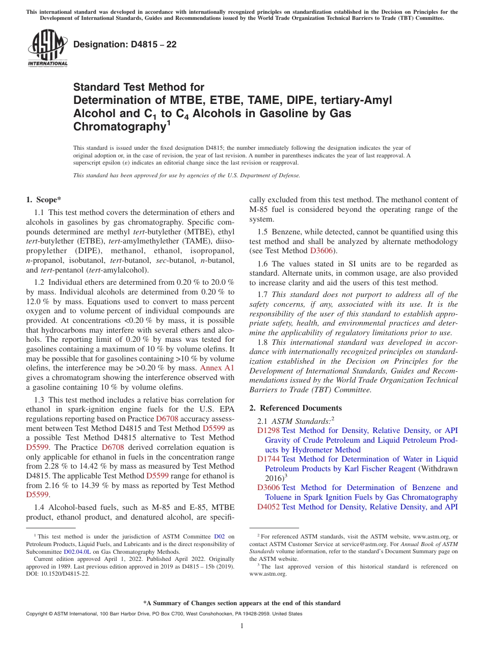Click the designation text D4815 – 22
tap(125, 45)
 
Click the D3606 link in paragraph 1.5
tap(320, 251)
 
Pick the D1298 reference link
tap(268, 430)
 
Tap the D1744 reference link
tap(268, 459)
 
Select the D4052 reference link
tap(268, 507)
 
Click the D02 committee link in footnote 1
tap(219, 536)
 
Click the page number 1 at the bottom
tap(242, 626)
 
